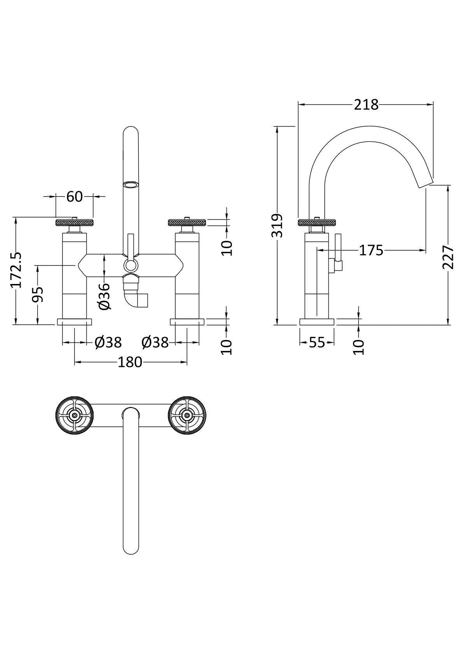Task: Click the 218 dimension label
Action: [366, 104]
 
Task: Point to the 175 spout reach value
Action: [371, 250]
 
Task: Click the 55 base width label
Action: [317, 342]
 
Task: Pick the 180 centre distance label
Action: [130, 362]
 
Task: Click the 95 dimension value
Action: [38, 294]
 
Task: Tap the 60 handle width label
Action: [75, 196]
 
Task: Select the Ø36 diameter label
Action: [104, 296]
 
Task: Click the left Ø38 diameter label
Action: [108, 342]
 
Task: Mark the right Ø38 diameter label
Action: [155, 342]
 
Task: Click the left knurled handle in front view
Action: [75, 222]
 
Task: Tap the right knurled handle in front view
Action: [188, 222]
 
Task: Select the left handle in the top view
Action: [75, 415]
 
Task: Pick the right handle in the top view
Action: [187, 415]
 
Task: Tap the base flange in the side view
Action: [317, 321]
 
